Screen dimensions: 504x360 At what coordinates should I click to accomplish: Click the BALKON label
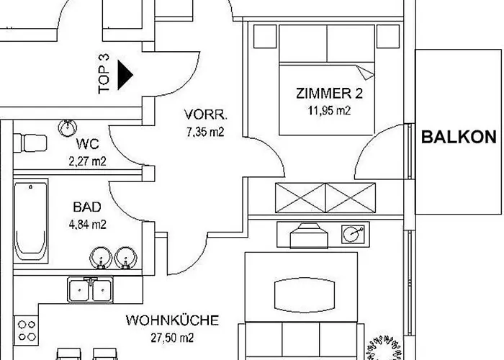pyautogui.click(x=459, y=137)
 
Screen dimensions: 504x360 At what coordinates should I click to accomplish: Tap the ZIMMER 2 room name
pyautogui.click(x=329, y=94)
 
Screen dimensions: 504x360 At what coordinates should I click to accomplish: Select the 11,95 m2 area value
pyautogui.click(x=329, y=111)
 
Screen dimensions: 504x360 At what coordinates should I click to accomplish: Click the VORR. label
pyautogui.click(x=206, y=114)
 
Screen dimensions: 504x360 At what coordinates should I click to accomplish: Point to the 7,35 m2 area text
pyautogui.click(x=205, y=132)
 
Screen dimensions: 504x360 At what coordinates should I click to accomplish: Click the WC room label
pyautogui.click(x=87, y=144)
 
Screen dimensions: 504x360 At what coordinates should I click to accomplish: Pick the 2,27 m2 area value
pyautogui.click(x=87, y=161)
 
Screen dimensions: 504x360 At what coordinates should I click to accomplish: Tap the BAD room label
pyautogui.click(x=87, y=207)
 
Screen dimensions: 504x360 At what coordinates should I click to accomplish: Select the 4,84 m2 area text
pyautogui.click(x=87, y=225)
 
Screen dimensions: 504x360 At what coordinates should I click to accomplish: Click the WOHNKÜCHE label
pyautogui.click(x=172, y=320)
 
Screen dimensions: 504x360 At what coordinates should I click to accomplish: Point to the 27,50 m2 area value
pyautogui.click(x=172, y=338)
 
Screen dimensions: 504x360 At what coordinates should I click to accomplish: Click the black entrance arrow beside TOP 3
pyautogui.click(x=125, y=75)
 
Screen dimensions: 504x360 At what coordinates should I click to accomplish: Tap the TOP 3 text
pyautogui.click(x=104, y=74)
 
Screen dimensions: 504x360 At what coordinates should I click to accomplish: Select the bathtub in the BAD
pyautogui.click(x=31, y=221)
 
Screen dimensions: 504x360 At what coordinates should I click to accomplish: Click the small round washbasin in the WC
pyautogui.click(x=68, y=128)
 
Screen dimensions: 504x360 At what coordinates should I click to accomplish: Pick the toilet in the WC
pyautogui.click(x=30, y=143)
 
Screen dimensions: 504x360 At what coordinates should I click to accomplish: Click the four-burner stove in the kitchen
pyautogui.click(x=27, y=330)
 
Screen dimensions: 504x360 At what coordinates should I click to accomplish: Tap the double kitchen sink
pyautogui.click(x=91, y=290)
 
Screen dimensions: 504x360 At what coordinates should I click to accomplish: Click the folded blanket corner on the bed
pyautogui.click(x=366, y=72)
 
